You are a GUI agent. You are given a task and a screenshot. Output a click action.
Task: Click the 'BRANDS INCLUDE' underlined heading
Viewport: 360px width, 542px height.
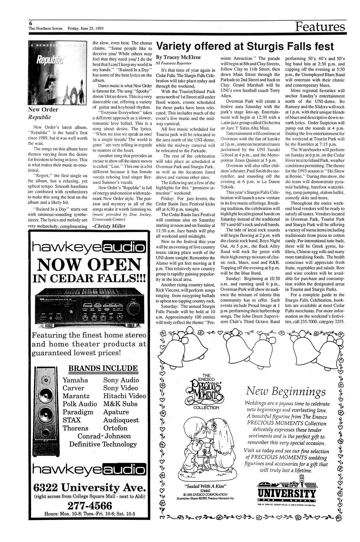pos(103,368)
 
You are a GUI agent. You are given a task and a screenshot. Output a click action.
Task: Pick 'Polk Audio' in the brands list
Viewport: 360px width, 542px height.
pos(80,404)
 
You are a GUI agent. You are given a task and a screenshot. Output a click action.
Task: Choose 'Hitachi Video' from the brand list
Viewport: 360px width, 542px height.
pos(125,396)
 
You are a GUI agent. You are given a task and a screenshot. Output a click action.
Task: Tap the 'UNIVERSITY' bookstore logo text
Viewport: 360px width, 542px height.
pos(286,494)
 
